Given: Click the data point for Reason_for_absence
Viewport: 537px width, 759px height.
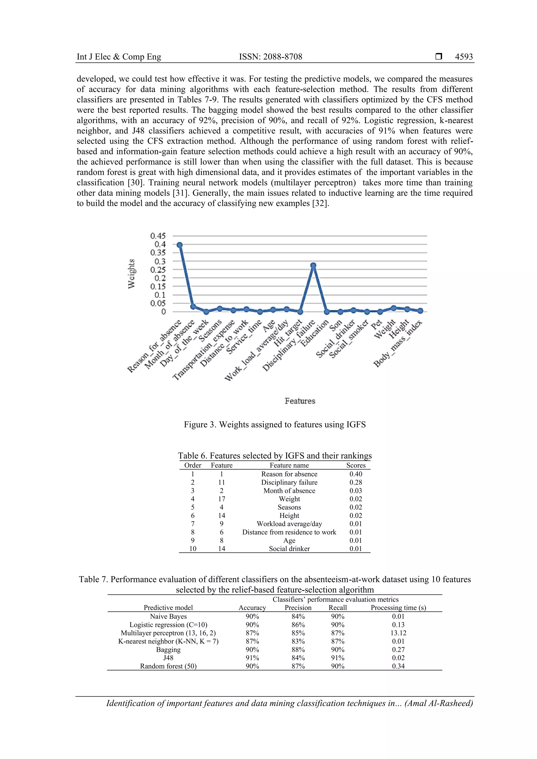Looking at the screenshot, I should pyautogui.click(x=180, y=245).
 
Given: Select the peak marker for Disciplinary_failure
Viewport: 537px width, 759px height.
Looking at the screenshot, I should pyautogui.click(x=313, y=265).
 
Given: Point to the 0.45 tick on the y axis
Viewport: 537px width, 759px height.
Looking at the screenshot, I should pyautogui.click(x=158, y=236).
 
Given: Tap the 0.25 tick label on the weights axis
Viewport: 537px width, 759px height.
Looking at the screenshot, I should pyautogui.click(x=158, y=270).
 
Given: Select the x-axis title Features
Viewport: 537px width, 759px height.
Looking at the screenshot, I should pyautogui.click(x=300, y=401).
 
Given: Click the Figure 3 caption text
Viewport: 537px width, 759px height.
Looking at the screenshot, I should pyautogui.click(x=275, y=424).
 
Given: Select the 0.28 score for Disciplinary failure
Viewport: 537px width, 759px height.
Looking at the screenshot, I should pyautogui.click(x=356, y=482).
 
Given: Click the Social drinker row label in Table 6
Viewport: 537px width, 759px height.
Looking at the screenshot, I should pyautogui.click(x=289, y=549).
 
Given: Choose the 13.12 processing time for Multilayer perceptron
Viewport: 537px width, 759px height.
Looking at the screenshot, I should pyautogui.click(x=398, y=633).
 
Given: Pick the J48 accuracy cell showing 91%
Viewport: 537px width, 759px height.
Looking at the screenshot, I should pyautogui.click(x=252, y=658).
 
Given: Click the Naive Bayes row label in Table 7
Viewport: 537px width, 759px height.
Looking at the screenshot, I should pyautogui.click(x=168, y=616).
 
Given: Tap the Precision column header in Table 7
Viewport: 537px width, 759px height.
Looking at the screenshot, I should pyautogui.click(x=298, y=608).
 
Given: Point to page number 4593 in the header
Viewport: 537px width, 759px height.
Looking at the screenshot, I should pyautogui.click(x=464, y=57).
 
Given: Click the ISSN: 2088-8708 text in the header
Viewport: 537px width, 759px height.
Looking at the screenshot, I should pyautogui.click(x=270, y=57).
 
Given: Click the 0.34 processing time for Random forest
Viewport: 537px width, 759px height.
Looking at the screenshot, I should pyautogui.click(x=398, y=666).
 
